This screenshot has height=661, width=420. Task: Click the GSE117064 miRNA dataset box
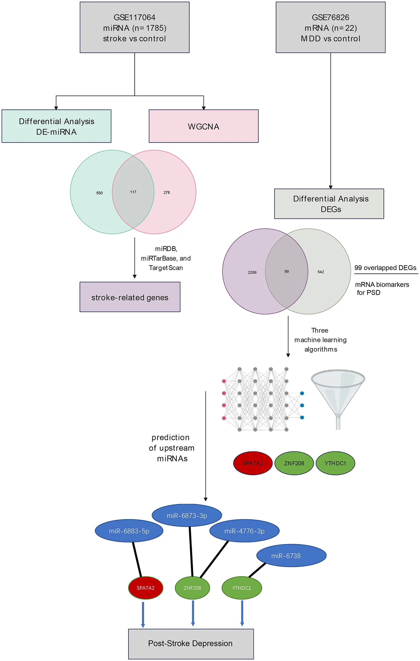point(134,27)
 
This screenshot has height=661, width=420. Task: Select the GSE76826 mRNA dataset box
point(330,27)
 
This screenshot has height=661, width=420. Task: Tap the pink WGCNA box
point(203,126)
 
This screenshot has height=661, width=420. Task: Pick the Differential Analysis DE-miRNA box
point(56,126)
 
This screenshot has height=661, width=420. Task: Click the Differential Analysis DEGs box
point(329,204)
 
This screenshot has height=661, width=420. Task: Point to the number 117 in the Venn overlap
point(133,192)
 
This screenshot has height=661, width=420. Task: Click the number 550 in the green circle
point(99,193)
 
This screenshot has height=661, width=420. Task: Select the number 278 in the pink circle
point(166,193)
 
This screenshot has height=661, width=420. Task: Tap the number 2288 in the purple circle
point(252,272)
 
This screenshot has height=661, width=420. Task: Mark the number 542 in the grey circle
point(321,272)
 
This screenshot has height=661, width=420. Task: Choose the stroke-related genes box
point(130,297)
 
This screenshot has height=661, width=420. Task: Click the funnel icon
point(338,395)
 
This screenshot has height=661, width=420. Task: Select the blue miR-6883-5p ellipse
point(129,531)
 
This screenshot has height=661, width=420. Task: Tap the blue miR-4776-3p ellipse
point(244,531)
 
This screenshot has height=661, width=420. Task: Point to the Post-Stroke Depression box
point(191,643)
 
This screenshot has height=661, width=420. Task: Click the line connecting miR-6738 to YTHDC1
point(257,570)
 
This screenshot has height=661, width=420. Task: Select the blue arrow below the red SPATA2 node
point(143,614)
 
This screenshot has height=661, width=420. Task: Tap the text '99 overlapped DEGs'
point(385,268)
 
